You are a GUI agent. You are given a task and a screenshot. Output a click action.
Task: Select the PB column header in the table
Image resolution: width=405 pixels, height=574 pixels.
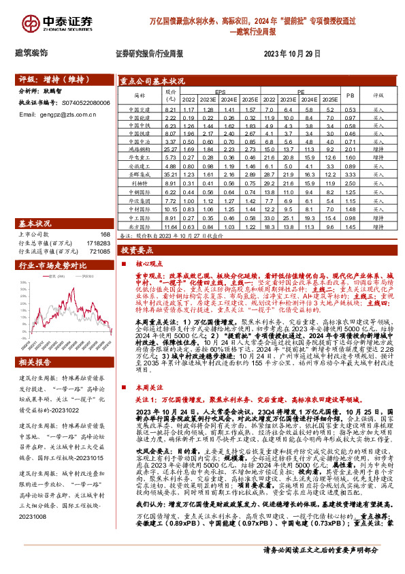click(x=351, y=96)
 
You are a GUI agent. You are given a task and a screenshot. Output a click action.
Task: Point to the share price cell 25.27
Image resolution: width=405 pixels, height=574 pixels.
click(x=170, y=148)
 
